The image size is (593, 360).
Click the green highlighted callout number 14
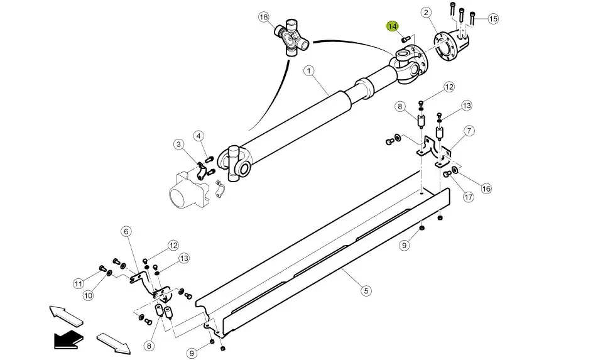[x=392, y=26]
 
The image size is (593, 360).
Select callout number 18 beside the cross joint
[x=264, y=17]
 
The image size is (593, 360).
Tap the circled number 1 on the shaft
[x=309, y=71]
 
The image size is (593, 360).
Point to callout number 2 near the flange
[x=426, y=13]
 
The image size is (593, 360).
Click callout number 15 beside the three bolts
[x=493, y=18]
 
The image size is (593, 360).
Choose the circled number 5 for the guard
[x=366, y=291]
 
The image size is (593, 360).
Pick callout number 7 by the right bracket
[x=469, y=131]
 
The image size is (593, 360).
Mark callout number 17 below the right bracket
[x=469, y=197]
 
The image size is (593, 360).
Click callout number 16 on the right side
[x=486, y=188]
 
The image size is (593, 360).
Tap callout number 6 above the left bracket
[x=126, y=231]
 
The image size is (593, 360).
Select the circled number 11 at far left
[x=79, y=283]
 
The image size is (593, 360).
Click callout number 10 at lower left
[x=88, y=295]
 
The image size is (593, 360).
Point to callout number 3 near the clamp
[x=179, y=144]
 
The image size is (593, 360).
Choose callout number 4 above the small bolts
[x=199, y=136]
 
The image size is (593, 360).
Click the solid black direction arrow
[x=68, y=339]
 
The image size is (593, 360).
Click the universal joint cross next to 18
[x=291, y=38]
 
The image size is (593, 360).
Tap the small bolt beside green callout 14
[x=405, y=38]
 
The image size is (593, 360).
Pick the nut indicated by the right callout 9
[x=422, y=228]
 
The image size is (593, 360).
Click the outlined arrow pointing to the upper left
[x=66, y=315]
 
